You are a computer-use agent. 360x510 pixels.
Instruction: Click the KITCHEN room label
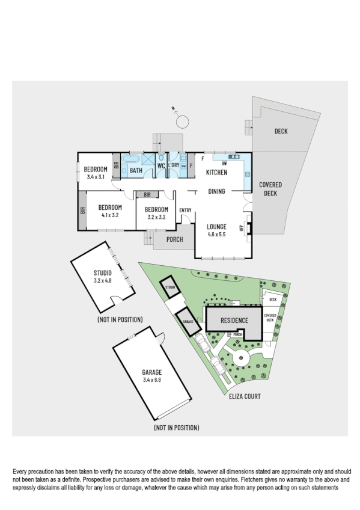point(216,173)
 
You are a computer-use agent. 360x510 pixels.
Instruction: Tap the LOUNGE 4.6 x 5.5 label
point(216,230)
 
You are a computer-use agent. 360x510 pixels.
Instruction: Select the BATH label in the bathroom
point(136,171)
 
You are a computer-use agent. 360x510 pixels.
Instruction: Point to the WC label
point(161,165)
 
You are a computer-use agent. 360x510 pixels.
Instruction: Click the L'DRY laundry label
point(173,165)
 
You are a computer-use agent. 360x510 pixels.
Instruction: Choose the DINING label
point(216,192)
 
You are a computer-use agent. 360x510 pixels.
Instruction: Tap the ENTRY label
point(185,210)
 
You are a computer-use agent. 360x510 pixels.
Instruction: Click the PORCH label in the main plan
point(174,239)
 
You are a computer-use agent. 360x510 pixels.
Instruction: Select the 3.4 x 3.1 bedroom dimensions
point(96,177)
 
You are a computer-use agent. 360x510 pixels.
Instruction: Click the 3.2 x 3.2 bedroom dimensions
point(156,217)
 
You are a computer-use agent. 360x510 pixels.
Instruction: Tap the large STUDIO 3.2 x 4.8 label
point(103,277)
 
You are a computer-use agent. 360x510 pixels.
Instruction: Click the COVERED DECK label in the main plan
point(270,189)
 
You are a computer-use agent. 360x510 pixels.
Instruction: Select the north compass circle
point(182,123)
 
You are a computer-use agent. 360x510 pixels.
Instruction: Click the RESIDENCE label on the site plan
point(233,321)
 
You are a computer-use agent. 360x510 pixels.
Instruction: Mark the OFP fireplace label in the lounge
point(242,228)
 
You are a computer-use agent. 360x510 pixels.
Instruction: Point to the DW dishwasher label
point(224,163)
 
